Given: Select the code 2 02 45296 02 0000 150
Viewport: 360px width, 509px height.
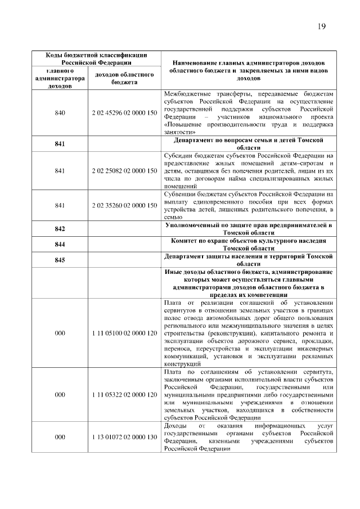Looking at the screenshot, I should (124, 113).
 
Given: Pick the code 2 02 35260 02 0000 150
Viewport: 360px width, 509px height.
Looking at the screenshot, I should (124, 205).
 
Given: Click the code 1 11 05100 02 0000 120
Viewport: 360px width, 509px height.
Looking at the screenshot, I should (124, 333).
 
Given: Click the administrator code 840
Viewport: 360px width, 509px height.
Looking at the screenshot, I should (60, 113).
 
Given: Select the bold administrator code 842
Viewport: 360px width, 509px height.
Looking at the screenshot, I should (60, 229).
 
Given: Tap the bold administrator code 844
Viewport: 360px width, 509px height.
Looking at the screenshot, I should (60, 245).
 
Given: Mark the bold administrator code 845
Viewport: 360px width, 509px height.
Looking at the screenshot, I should (60, 260).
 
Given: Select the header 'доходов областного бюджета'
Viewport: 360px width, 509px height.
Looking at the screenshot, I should (124, 78).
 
